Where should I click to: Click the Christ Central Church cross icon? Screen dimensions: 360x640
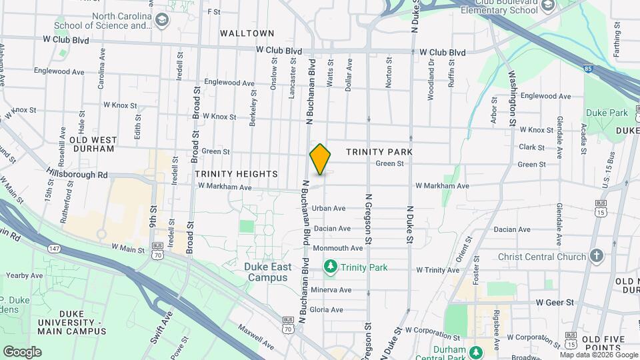(596, 256)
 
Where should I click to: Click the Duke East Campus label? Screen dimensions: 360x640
(267, 272)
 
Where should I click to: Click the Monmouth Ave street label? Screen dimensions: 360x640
(337, 248)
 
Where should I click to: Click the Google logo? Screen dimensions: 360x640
(22, 351)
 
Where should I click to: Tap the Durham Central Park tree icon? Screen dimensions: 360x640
(475, 352)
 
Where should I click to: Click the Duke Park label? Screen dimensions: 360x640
(607, 113)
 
